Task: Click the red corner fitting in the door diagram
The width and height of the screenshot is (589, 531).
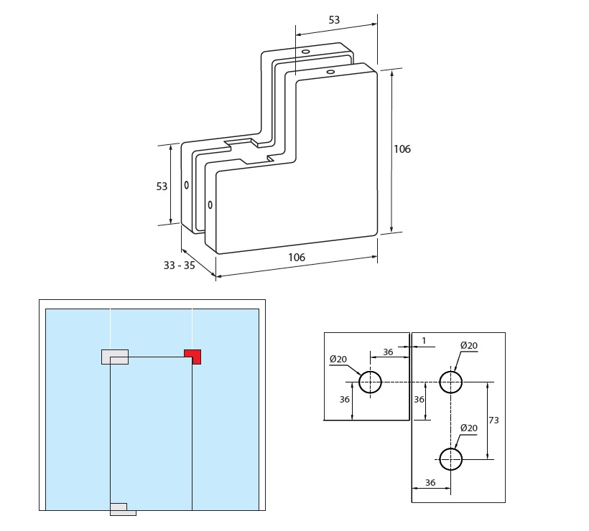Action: pyautogui.click(x=193, y=356)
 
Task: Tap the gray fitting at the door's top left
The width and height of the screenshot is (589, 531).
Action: pyautogui.click(x=115, y=357)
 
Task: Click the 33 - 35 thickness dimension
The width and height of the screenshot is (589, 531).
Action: pyautogui.click(x=179, y=265)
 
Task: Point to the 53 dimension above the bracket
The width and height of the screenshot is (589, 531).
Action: pyautogui.click(x=334, y=20)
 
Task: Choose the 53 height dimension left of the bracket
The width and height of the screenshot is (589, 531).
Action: pyautogui.click(x=162, y=187)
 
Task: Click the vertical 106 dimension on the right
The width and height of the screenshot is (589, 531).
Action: pyautogui.click(x=402, y=149)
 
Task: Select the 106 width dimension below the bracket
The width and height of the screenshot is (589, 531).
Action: pyautogui.click(x=297, y=257)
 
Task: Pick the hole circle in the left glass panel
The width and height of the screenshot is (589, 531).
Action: pyautogui.click(x=371, y=382)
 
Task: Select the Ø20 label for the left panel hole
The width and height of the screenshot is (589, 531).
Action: pyautogui.click(x=338, y=359)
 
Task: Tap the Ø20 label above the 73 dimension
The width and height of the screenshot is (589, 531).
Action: pyautogui.click(x=468, y=346)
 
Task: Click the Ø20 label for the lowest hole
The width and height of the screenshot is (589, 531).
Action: pyautogui.click(x=468, y=428)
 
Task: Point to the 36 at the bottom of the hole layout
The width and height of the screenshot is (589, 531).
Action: pyautogui.click(x=430, y=483)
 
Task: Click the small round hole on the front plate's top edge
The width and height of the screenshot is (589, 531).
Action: pyautogui.click(x=330, y=72)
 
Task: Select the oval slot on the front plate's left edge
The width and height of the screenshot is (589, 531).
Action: pyautogui.click(x=210, y=205)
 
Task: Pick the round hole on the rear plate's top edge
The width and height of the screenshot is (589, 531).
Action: pyautogui.click(x=305, y=52)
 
